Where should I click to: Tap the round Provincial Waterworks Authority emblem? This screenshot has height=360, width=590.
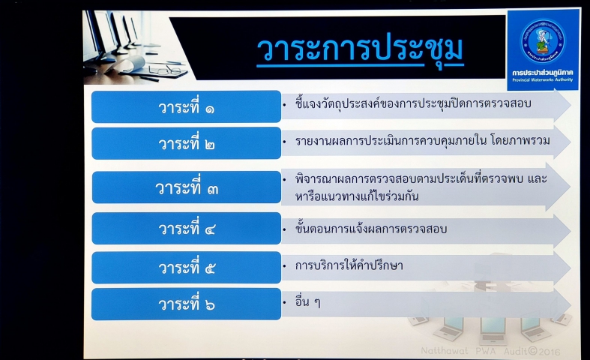click(x=542, y=40)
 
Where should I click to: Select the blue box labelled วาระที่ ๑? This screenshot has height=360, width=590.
click(x=186, y=106)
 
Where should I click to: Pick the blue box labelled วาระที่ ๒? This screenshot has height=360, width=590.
click(x=186, y=143)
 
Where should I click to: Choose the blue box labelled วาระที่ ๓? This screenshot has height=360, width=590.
click(x=186, y=187)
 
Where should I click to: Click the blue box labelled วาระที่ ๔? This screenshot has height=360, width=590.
click(x=186, y=228)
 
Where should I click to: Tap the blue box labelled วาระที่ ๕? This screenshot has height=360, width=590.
click(x=186, y=267)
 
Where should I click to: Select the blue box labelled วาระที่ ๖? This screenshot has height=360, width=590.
click(x=186, y=304)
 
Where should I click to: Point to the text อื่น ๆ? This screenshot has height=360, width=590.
click(x=308, y=302)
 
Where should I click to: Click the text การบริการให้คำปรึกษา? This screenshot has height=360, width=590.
click(x=349, y=265)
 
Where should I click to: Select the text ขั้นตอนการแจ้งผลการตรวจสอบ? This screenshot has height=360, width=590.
click(x=370, y=229)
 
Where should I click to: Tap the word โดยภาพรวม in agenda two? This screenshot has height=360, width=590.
click(x=520, y=140)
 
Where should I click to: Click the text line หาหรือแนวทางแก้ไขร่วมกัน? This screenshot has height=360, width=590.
click(x=356, y=196)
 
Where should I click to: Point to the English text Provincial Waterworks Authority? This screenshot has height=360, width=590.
click(x=542, y=79)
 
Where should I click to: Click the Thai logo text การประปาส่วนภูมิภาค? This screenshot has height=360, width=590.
click(x=542, y=72)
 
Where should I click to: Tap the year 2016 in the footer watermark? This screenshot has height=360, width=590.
click(x=549, y=352)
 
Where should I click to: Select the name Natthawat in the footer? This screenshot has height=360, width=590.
click(x=445, y=351)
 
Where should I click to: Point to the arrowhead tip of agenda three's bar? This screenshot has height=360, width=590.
click(x=570, y=187)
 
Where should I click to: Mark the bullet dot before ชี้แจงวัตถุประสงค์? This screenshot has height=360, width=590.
click(x=284, y=105)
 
